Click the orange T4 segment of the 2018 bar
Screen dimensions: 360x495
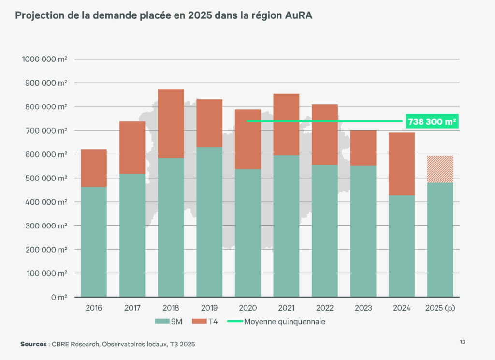click(x=171, y=123)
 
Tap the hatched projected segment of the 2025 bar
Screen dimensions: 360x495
click(x=440, y=169)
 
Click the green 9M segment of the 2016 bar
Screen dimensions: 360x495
click(x=94, y=242)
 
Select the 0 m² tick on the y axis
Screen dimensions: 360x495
click(x=59, y=297)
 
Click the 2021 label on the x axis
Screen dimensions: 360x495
click(x=286, y=308)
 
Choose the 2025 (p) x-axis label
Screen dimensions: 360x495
click(x=440, y=308)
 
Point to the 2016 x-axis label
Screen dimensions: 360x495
click(x=94, y=308)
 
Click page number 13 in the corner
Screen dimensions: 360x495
click(x=462, y=342)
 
